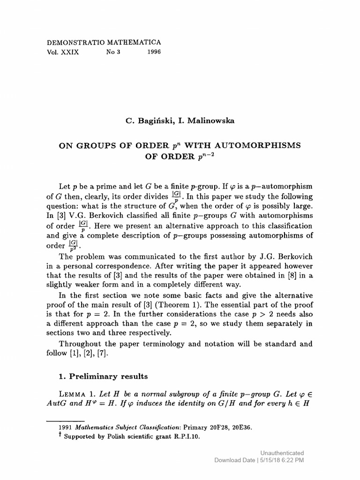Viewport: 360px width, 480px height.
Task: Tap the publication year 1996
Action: (154, 52)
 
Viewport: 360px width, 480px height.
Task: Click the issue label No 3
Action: (113, 52)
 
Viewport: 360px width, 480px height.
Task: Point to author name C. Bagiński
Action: (149, 120)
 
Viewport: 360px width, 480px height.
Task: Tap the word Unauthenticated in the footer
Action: (282, 453)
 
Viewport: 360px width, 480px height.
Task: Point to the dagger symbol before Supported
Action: (60, 435)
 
